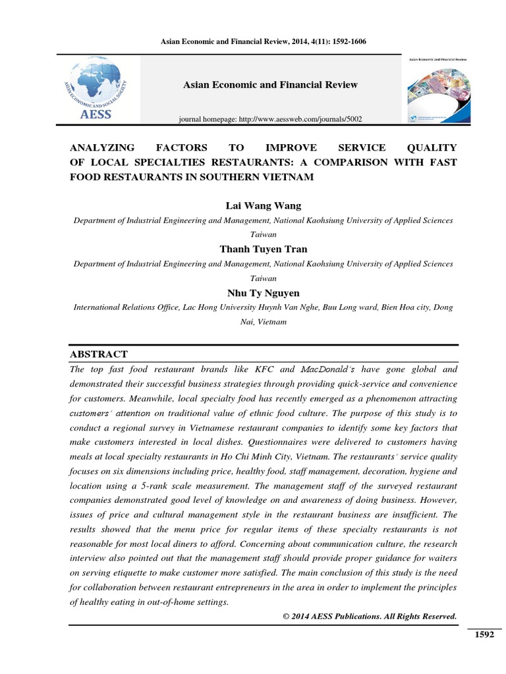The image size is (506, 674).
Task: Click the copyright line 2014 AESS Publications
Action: pyautogui.click(x=369, y=616)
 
